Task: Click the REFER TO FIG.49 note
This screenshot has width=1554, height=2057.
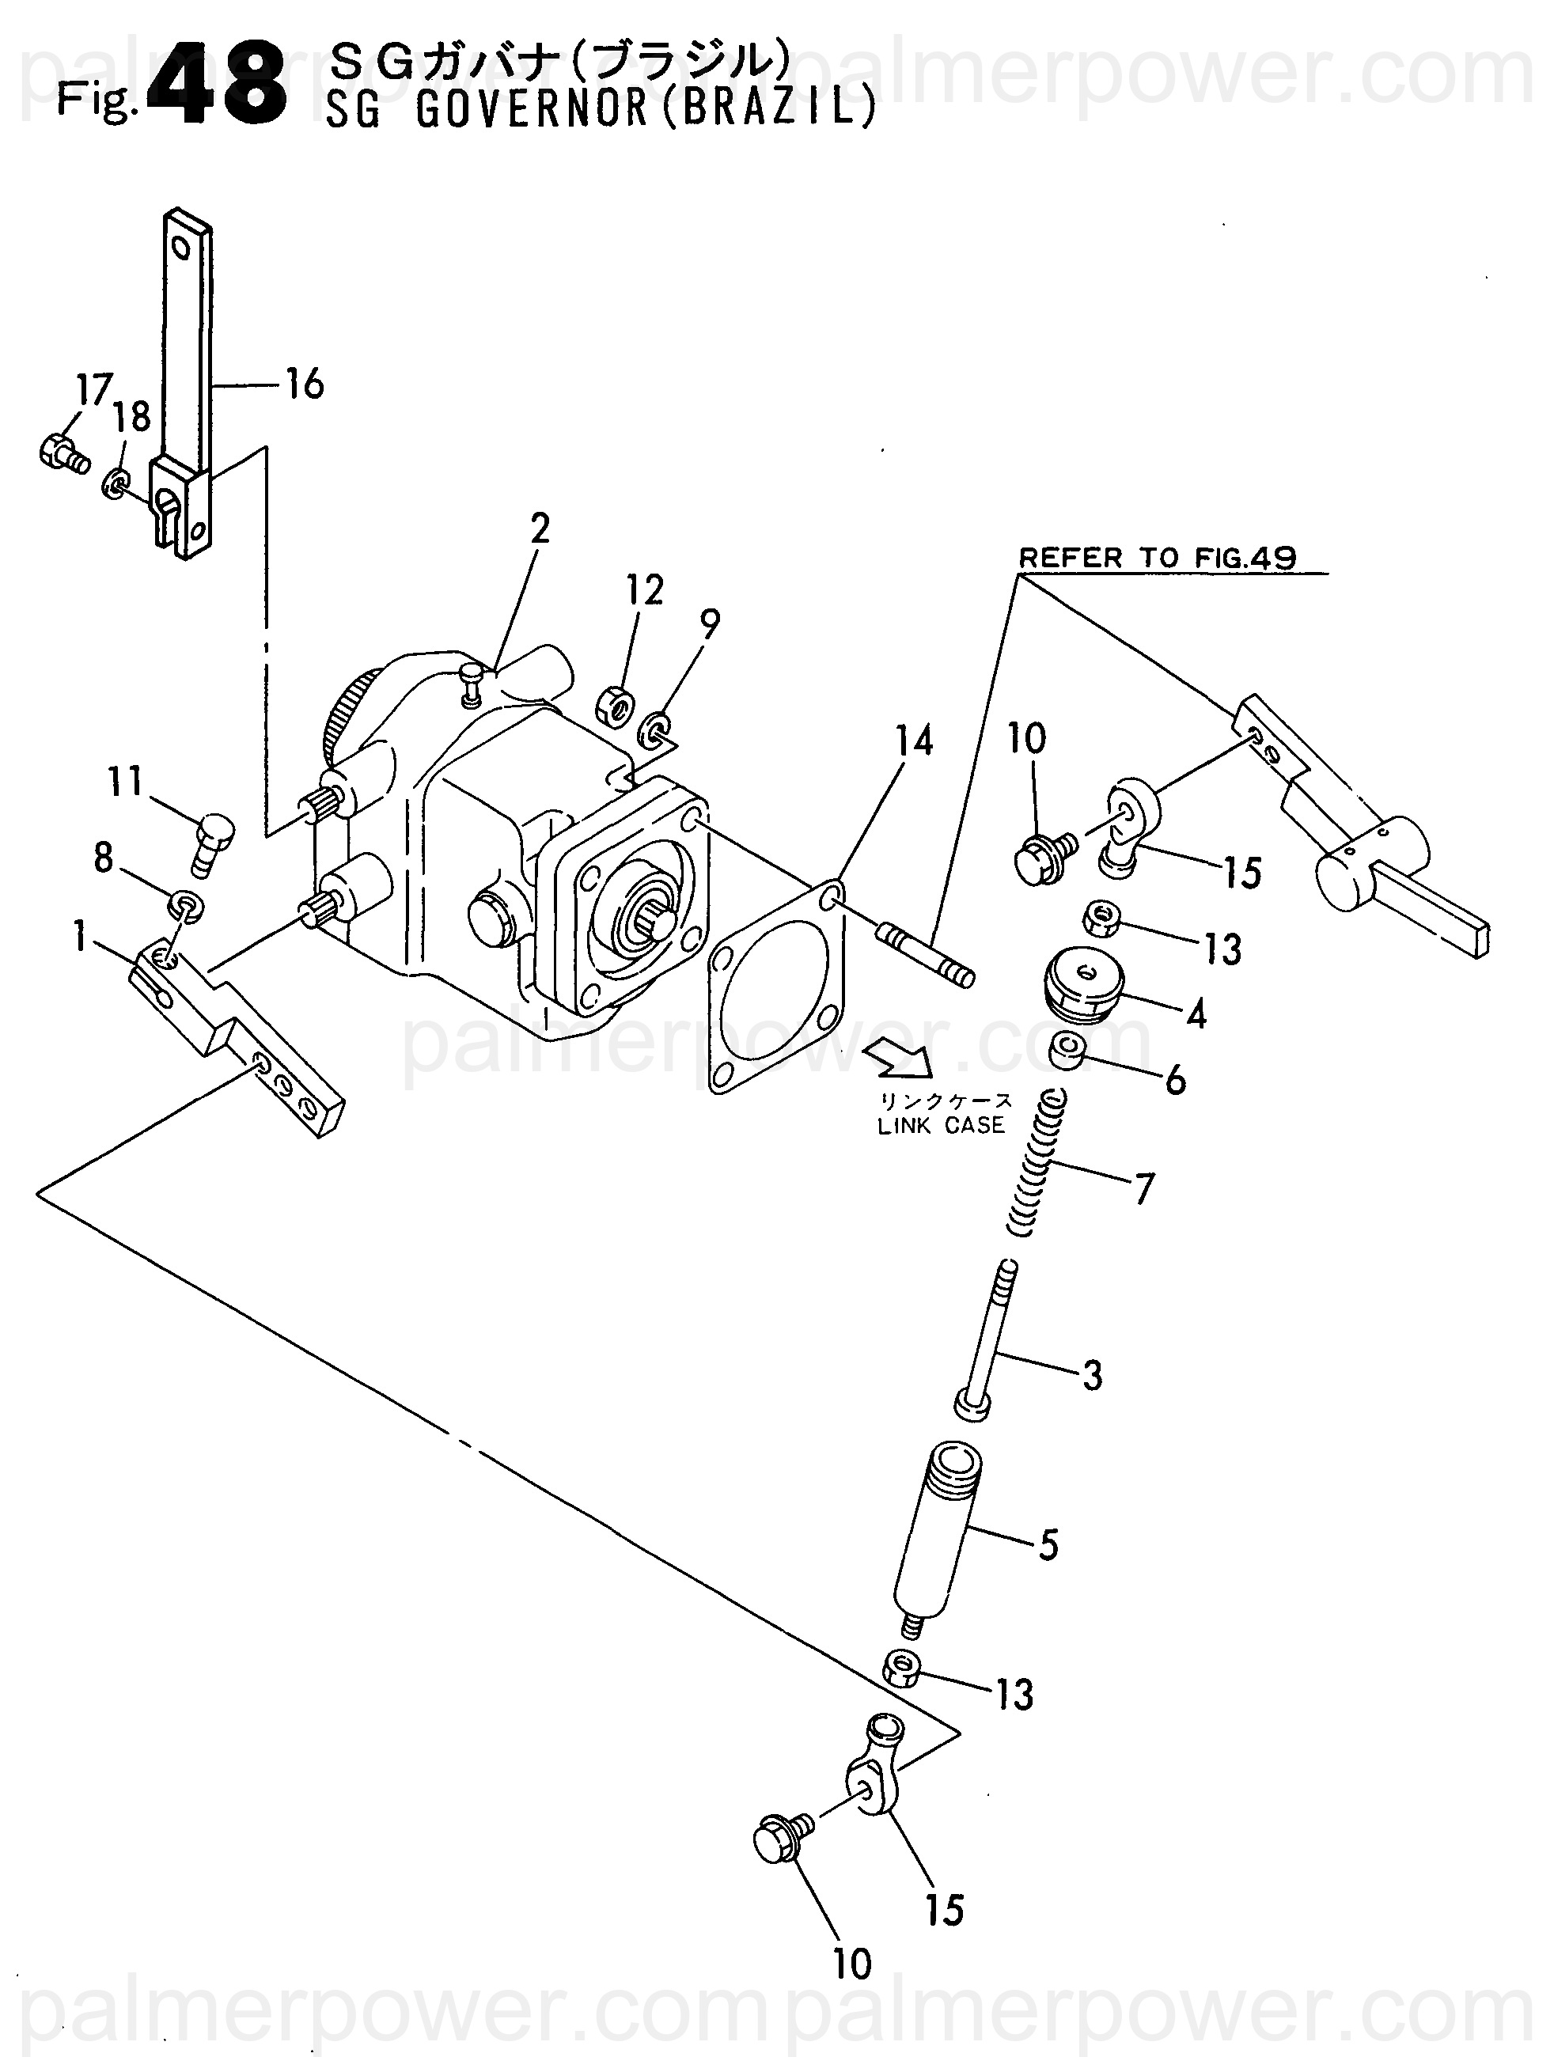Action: pos(1157,558)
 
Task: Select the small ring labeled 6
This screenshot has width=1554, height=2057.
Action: pos(1067,1051)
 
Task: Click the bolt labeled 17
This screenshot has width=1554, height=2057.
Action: pos(63,453)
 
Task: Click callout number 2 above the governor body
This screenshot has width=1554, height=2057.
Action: pos(540,529)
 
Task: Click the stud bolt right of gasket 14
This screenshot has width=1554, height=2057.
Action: pos(924,953)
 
